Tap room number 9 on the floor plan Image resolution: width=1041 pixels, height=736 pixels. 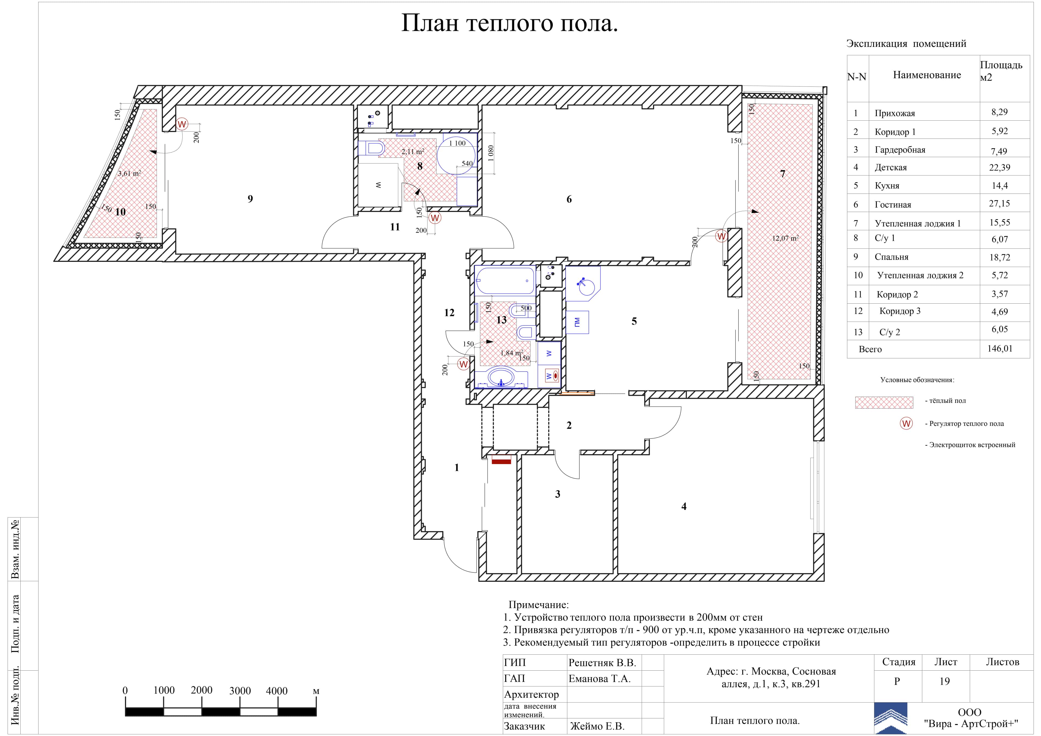pos(250,199)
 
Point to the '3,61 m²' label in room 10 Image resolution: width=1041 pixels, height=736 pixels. pos(129,173)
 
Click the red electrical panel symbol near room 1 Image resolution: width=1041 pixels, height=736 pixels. pos(502,461)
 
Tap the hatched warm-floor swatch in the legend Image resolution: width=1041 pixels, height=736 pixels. pos(884,402)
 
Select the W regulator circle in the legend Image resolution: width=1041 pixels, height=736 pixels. pos(906,423)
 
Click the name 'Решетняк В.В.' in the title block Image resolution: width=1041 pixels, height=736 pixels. pos(602,663)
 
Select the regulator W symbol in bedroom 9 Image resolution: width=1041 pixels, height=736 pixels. pos(182,124)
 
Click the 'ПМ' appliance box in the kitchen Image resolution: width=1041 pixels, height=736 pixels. pos(577,322)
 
